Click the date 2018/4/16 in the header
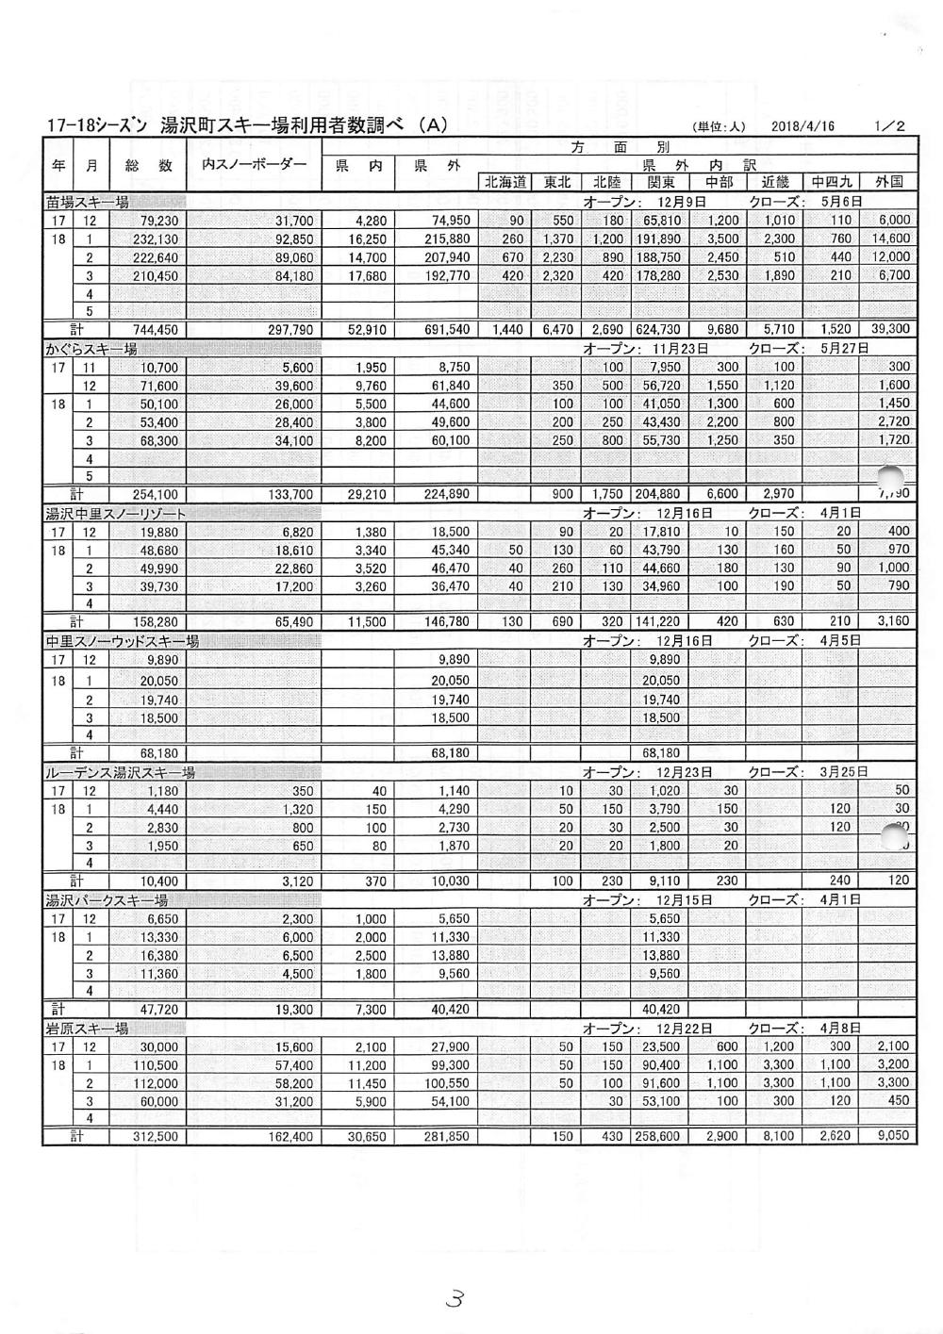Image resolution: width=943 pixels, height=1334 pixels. click(x=802, y=126)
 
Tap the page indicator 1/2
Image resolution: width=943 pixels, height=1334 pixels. click(x=889, y=126)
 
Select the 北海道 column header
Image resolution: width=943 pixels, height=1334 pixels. click(x=505, y=183)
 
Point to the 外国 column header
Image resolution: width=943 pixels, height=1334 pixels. click(x=889, y=183)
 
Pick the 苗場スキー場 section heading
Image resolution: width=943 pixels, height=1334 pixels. click(x=87, y=202)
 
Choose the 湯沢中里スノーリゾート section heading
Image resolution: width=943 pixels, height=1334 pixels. click(x=115, y=514)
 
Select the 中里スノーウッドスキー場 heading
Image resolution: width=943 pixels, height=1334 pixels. click(x=123, y=641)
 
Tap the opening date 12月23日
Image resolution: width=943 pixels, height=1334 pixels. click(x=684, y=772)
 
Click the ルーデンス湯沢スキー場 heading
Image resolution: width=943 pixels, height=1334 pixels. click(x=120, y=772)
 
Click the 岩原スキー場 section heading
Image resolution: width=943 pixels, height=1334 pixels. click(x=87, y=1028)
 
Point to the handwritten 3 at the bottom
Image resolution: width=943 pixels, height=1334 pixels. click(x=455, y=1299)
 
